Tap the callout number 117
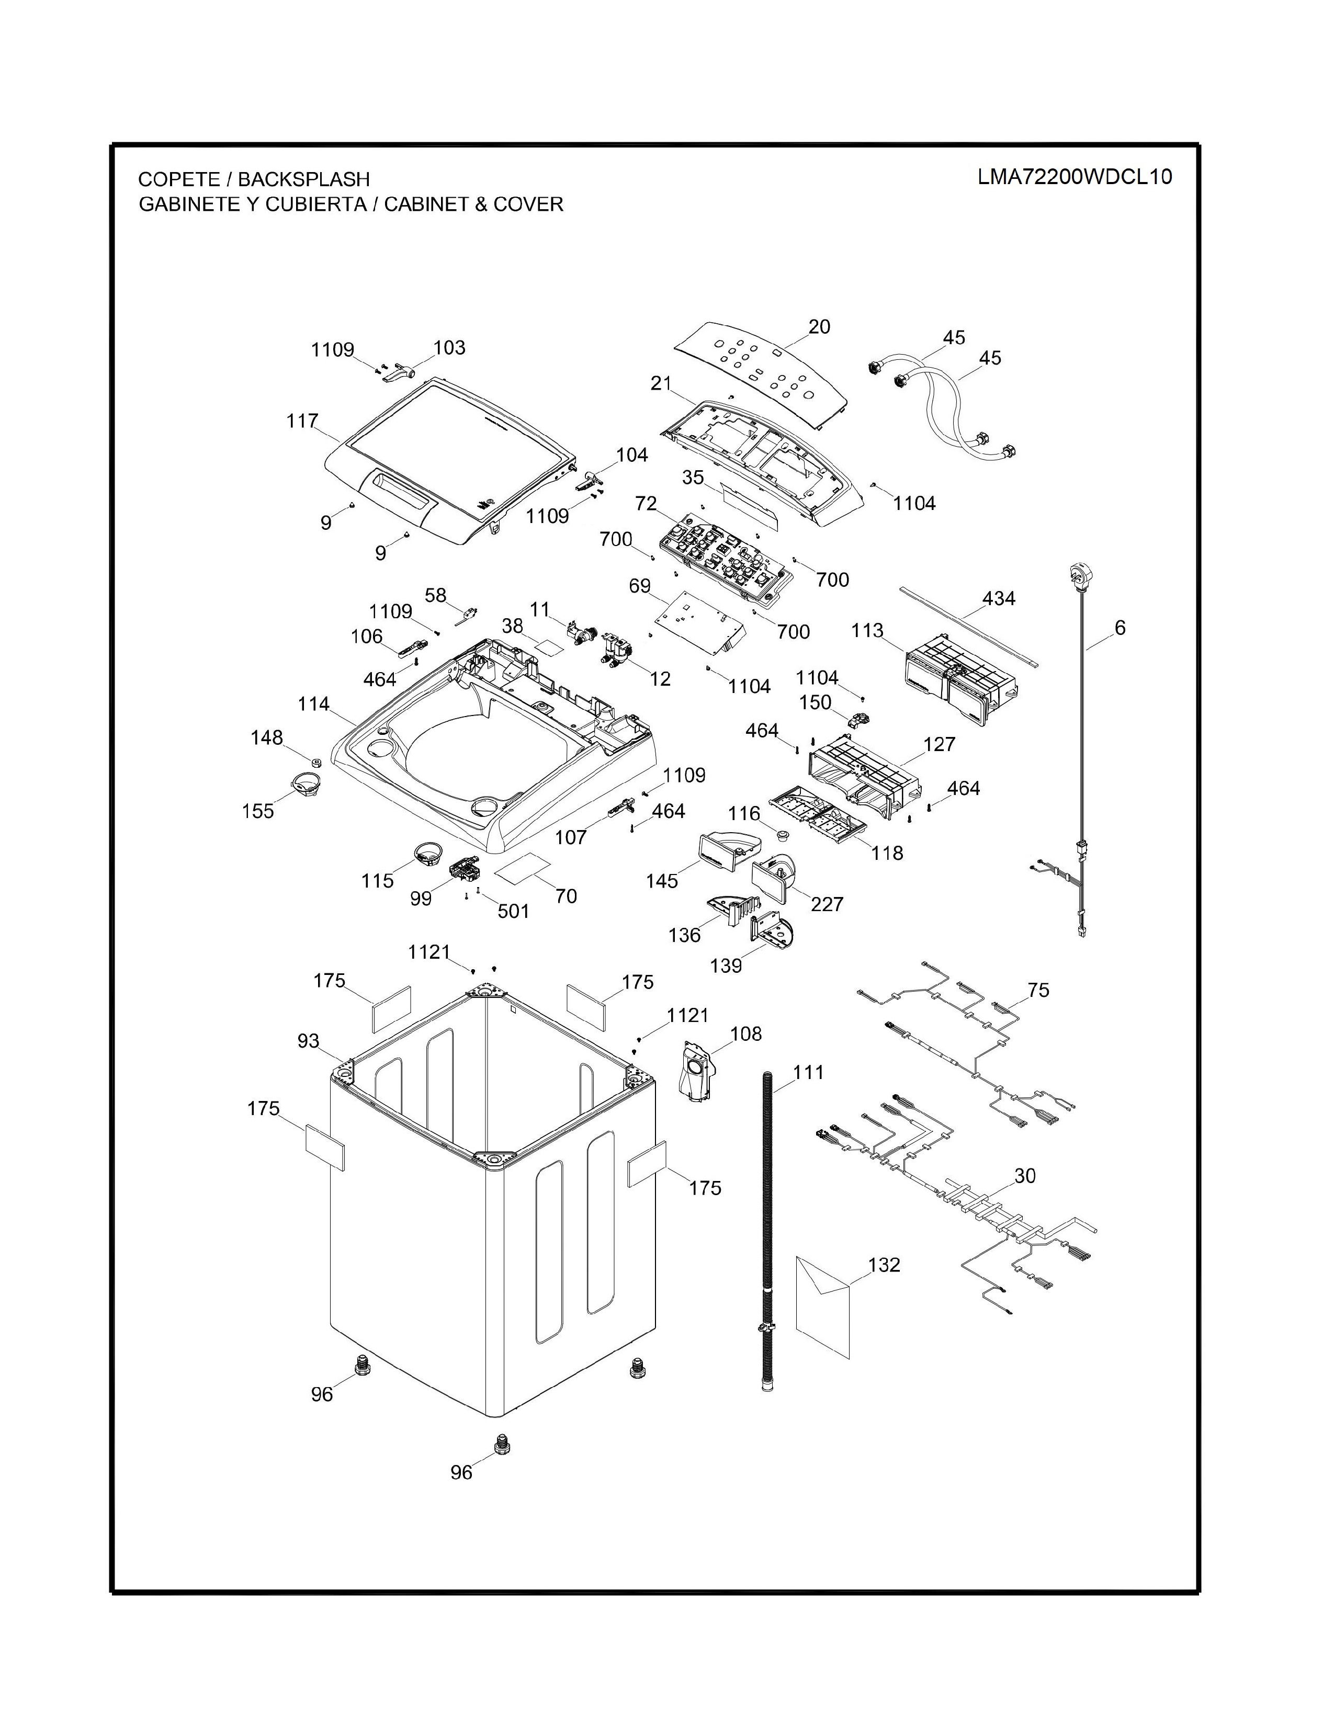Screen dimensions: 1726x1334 (302, 421)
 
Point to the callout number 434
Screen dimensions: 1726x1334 (998, 598)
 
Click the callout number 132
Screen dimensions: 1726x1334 (884, 1265)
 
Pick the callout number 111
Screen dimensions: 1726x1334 (808, 1072)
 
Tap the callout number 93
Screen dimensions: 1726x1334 (308, 1041)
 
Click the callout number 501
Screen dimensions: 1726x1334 (513, 911)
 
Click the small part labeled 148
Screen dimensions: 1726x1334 (314, 763)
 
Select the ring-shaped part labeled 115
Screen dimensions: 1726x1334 (429, 853)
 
